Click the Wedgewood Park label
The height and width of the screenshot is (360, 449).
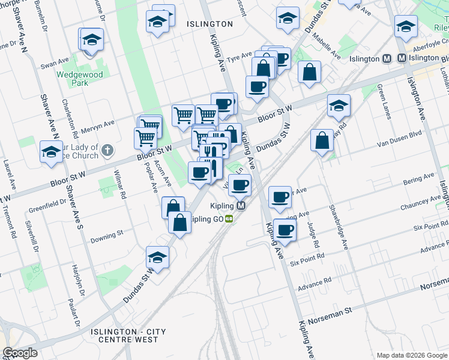80,79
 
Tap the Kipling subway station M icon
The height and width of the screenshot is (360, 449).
241,206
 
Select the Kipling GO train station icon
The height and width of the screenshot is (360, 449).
229,219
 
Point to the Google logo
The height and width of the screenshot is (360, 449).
20,353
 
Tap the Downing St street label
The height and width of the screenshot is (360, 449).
107,232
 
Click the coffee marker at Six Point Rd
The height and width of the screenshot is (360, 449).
285,229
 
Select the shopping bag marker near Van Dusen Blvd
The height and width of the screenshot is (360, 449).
322,140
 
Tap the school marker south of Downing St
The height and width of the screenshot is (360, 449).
157,257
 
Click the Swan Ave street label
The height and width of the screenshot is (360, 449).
53,64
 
